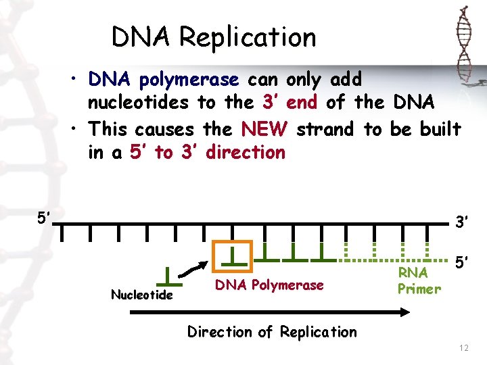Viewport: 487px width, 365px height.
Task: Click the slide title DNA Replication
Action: coord(214,37)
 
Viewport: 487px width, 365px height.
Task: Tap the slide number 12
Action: coord(463,347)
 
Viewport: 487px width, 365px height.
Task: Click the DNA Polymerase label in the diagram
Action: coord(269,285)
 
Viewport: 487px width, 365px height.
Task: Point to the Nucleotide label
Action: coord(142,295)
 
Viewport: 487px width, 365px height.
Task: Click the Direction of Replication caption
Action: coord(272,332)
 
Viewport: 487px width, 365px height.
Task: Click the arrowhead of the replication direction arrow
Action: coord(404,312)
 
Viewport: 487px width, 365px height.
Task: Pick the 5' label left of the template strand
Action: coord(45,218)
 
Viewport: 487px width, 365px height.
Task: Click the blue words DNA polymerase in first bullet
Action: coord(164,80)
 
